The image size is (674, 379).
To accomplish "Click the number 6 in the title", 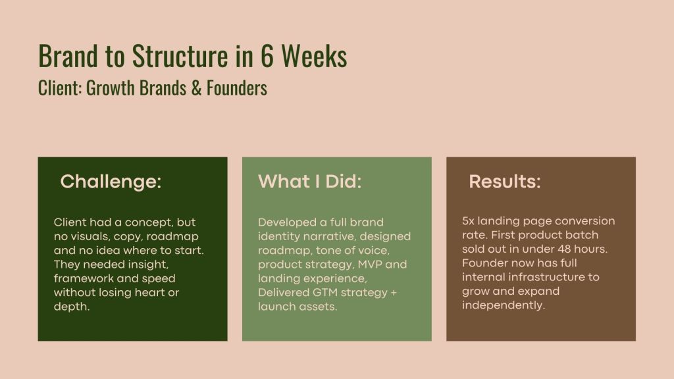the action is pos(267,56).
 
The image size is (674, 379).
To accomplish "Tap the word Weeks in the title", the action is pos(314,56).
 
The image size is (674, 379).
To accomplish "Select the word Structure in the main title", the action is pos(180,56).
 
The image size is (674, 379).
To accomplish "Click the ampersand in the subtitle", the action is pos(196,88).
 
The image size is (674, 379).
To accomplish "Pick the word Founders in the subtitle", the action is pos(237,88).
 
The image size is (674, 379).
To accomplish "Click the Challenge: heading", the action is pos(111,182).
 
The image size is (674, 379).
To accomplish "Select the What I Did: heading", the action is pos(309,182).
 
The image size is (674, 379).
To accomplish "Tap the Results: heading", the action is pos(505,182).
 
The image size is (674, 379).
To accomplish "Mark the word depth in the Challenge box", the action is pos(72,307).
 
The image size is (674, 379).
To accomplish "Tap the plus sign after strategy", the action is pos(394,293).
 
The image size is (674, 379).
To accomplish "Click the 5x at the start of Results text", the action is pos(468,221).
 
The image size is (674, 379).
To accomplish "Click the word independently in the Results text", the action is pos(504,305).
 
